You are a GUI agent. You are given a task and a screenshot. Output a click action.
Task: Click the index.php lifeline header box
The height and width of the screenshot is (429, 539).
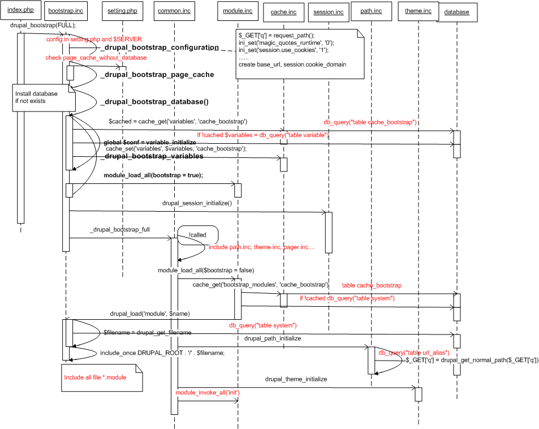(21, 11)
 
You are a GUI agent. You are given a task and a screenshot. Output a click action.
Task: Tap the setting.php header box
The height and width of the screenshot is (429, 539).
(122, 11)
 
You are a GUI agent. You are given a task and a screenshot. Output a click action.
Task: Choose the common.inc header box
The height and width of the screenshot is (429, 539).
(174, 11)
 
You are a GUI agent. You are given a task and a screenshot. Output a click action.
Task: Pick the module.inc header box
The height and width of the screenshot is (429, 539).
(238, 11)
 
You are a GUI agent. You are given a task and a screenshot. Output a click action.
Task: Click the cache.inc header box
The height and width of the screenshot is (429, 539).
(283, 12)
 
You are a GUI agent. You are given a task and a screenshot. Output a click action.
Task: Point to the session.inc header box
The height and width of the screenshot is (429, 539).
(328, 12)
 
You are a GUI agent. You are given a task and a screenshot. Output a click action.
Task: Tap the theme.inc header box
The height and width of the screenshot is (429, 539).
(418, 11)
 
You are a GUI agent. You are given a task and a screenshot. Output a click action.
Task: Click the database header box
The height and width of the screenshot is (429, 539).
(456, 12)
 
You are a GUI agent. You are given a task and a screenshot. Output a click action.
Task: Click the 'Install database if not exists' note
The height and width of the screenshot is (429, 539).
(43, 97)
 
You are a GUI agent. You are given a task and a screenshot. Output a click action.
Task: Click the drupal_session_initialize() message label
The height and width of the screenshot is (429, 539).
(197, 202)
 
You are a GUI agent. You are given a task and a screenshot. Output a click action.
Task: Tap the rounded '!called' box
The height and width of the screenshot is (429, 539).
(197, 234)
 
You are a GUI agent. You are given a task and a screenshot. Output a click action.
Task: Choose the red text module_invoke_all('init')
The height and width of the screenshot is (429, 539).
(208, 392)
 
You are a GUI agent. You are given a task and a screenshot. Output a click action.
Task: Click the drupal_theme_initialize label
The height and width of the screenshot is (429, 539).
(296, 379)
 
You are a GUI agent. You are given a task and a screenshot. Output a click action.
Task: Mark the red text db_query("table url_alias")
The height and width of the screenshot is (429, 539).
(413, 353)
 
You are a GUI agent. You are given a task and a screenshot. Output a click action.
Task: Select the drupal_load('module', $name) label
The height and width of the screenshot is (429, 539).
(149, 314)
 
